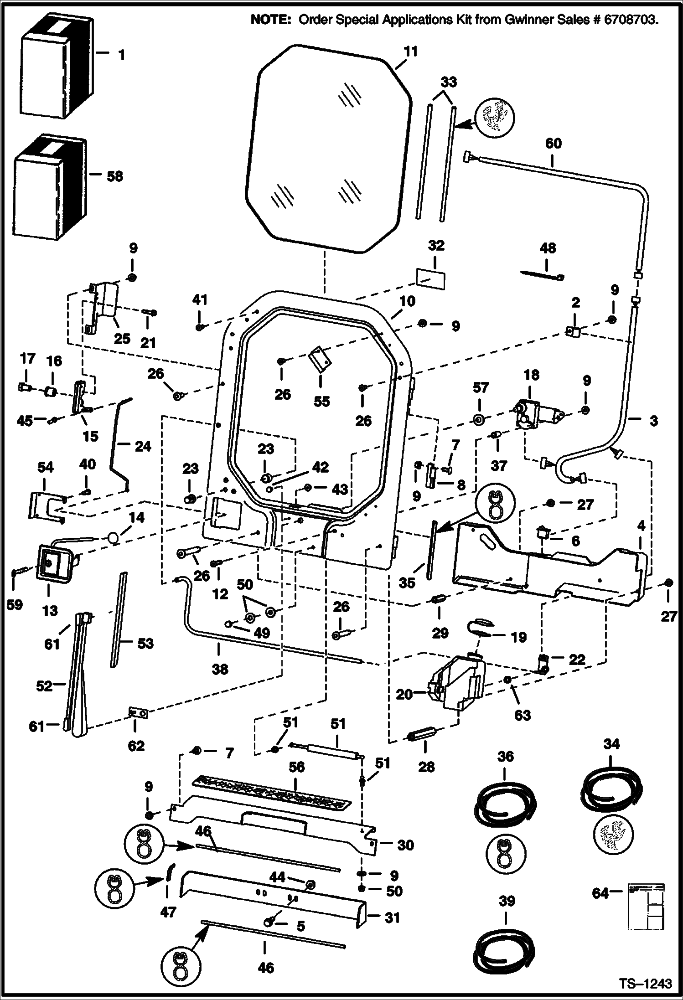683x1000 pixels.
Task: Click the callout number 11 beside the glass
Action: coord(410,52)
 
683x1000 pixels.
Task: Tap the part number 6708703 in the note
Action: coord(631,21)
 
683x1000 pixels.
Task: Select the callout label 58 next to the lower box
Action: coord(115,176)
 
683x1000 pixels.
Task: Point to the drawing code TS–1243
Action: coord(646,983)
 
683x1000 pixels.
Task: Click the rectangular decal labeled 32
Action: coord(431,278)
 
